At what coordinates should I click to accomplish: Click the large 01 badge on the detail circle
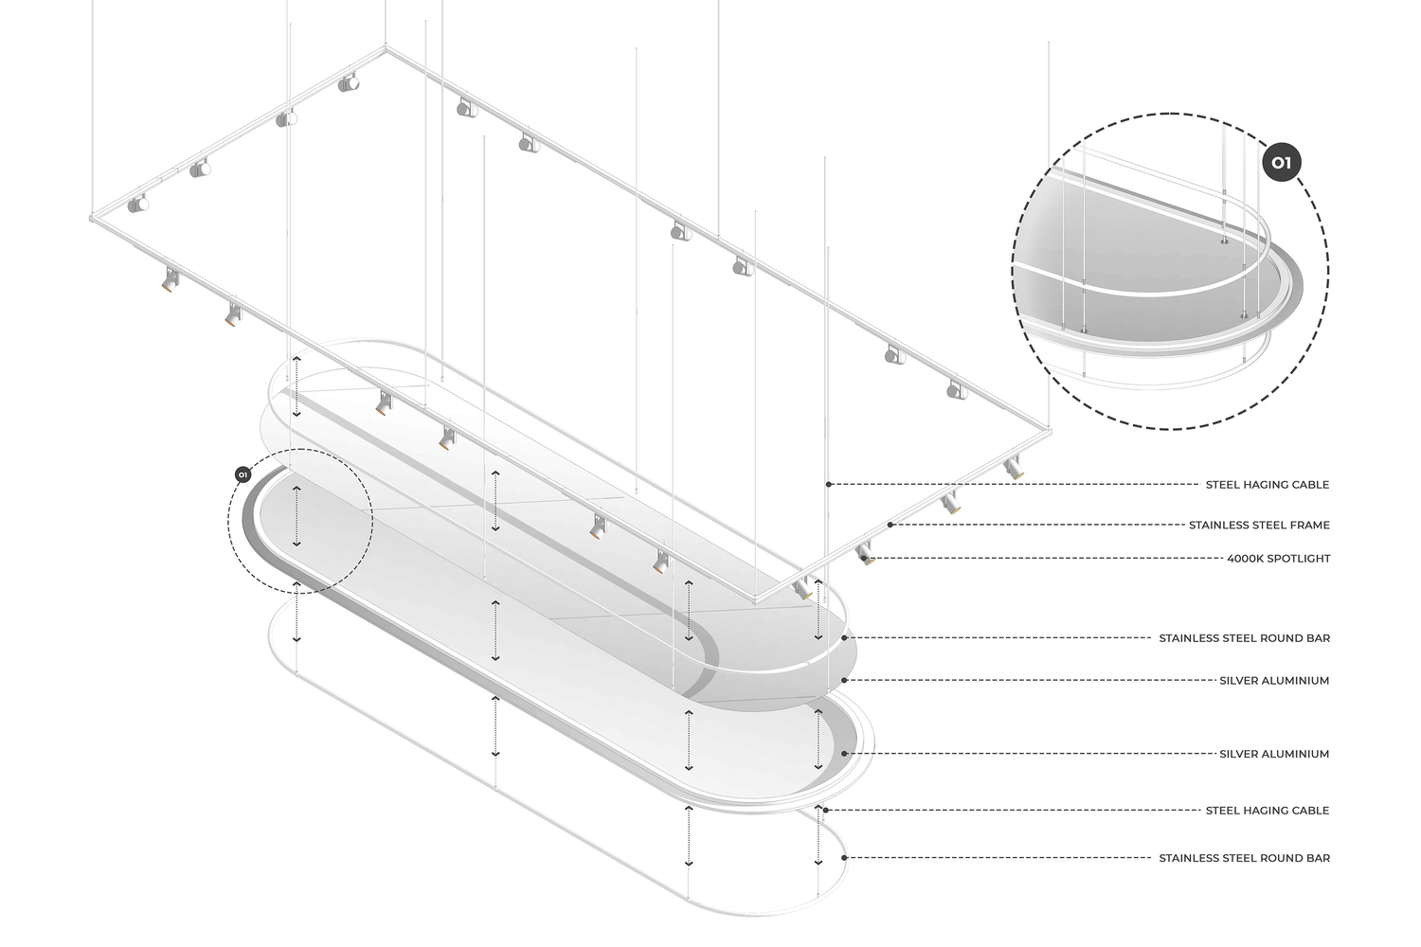[1282, 162]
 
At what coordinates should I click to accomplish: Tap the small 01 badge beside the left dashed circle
[243, 474]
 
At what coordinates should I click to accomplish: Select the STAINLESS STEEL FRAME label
[1259, 526]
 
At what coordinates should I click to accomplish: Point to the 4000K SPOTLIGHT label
[1278, 559]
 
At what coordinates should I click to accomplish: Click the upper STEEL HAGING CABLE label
[1268, 485]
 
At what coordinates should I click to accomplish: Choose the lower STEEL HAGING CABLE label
[1268, 811]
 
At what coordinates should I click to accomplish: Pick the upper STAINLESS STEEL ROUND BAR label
[1245, 638]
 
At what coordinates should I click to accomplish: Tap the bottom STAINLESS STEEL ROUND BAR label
[1245, 858]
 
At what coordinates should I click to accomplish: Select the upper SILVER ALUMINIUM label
[1274, 681]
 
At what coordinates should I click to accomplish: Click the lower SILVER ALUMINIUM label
[1274, 754]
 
